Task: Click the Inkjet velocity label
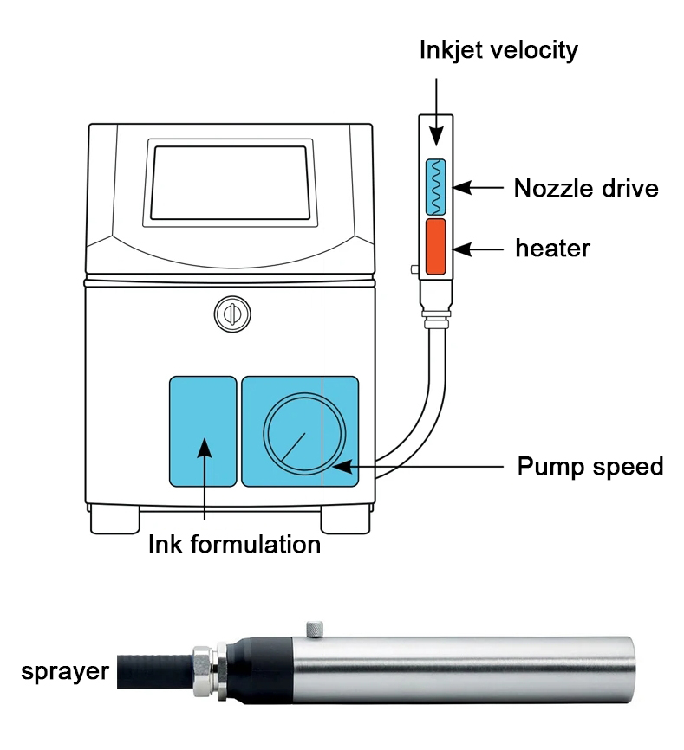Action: coord(498,50)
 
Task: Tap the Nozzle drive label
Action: coord(586,188)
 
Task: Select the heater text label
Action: coord(552,249)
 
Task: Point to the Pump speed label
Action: coord(590,467)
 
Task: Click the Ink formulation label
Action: coord(234,545)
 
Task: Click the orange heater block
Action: coord(436,246)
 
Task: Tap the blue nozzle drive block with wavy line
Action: coord(436,186)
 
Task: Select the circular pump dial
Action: coord(305,432)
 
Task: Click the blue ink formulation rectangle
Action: coord(202,430)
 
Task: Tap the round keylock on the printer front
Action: coord(230,314)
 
